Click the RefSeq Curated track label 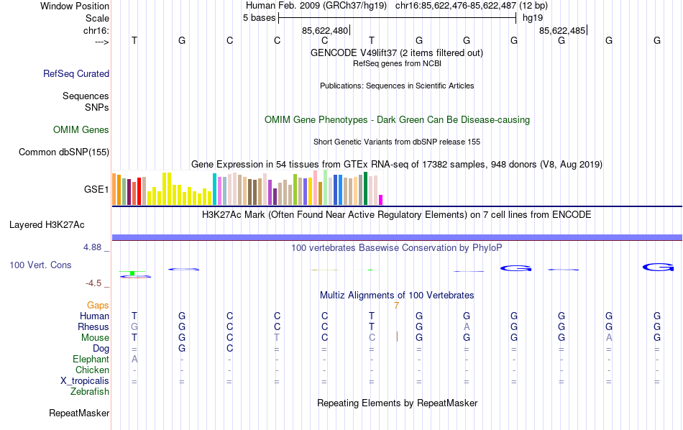click(x=76, y=73)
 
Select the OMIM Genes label click(x=81, y=130)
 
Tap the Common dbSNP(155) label click(x=64, y=152)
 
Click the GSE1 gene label click(x=96, y=190)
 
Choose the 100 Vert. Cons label click(x=40, y=265)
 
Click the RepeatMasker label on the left click(x=79, y=413)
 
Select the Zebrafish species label click(x=90, y=392)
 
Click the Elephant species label click(x=91, y=360)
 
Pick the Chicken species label click(x=92, y=370)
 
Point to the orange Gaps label click(x=98, y=306)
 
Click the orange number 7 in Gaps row click(x=396, y=306)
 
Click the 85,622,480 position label click(x=325, y=30)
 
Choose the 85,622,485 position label click(x=562, y=30)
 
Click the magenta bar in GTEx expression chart click(x=381, y=200)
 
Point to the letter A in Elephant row click(x=134, y=360)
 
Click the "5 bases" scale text click(x=259, y=18)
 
